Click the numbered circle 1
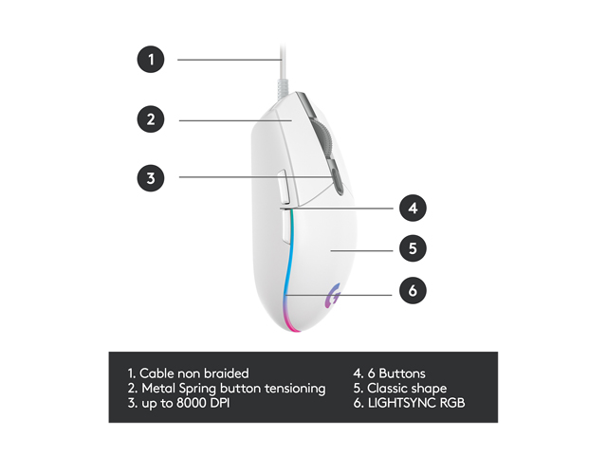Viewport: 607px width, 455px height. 151,59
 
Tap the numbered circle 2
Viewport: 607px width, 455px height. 151,119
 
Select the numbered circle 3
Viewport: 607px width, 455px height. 151,176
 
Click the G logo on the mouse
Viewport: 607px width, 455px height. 334,296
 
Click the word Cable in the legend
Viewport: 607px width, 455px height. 158,373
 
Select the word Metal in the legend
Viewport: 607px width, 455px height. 159,389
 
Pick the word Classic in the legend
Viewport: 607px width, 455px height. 390,389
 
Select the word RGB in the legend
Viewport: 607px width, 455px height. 453,404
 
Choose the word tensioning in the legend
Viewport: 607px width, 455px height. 290,389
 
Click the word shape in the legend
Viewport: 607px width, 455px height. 430,389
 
